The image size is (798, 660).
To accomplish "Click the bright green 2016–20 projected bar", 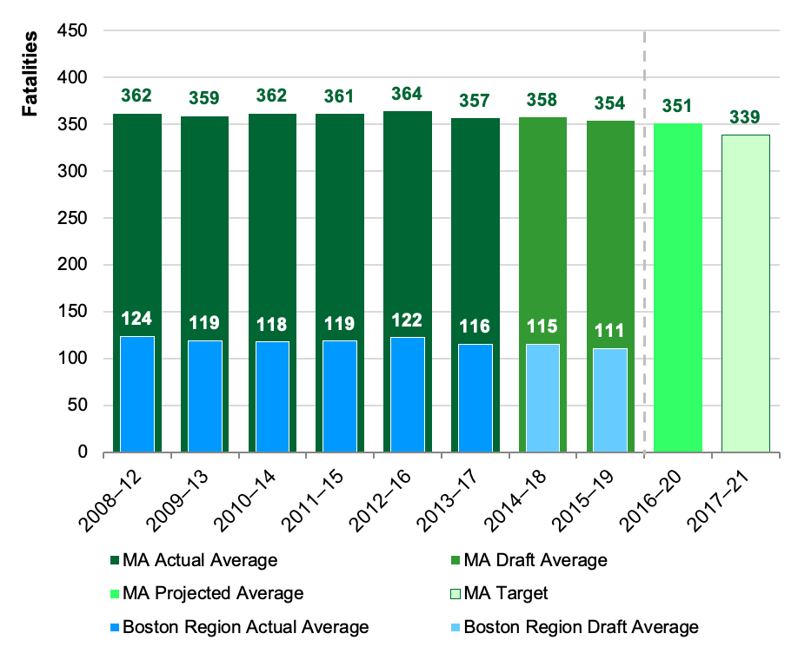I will click(x=678, y=287).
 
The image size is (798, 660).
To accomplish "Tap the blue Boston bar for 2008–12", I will click(x=136, y=394).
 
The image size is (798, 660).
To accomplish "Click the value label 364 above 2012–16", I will click(x=408, y=94).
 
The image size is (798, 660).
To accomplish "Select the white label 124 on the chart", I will click(x=136, y=319).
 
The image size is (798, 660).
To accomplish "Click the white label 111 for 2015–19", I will click(x=610, y=331).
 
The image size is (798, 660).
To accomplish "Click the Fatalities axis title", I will click(x=30, y=75).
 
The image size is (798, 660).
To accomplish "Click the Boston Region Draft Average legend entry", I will click(x=581, y=627).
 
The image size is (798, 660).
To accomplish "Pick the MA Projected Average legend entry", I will click(x=213, y=593).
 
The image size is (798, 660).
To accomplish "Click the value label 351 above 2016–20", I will click(x=678, y=106).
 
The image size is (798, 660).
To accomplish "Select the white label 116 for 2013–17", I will click(x=475, y=327).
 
